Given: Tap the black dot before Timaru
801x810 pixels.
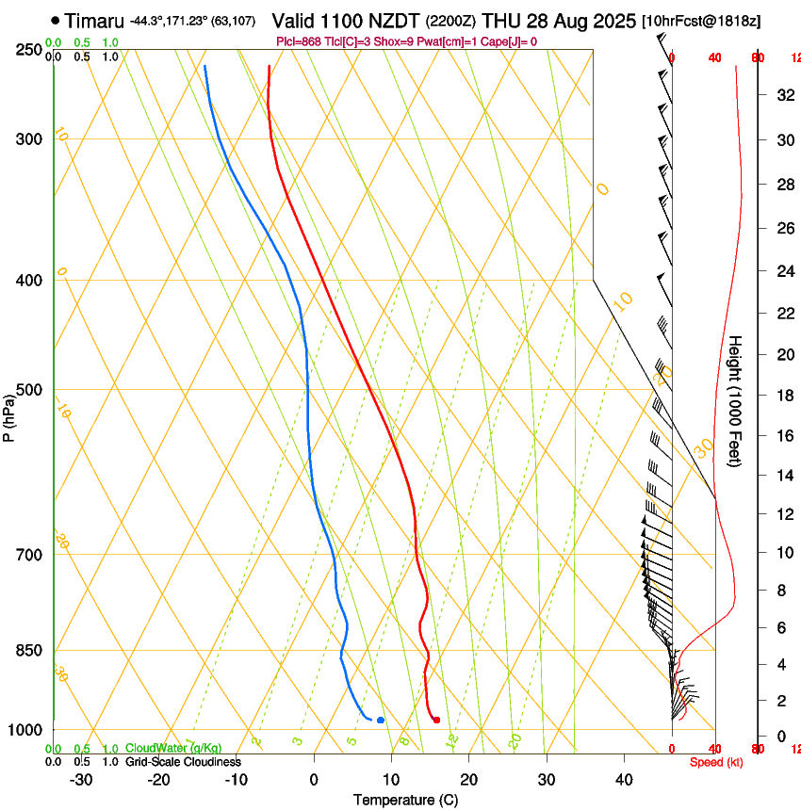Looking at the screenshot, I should click(x=56, y=20).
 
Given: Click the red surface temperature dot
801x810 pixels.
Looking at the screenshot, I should click(x=436, y=720).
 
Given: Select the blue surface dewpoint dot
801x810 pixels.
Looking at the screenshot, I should click(x=380, y=720).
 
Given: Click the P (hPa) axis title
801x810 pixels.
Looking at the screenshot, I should click(x=9, y=415).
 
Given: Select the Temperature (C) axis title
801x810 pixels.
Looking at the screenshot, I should click(x=405, y=800).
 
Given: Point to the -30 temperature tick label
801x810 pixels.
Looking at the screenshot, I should click(x=81, y=779).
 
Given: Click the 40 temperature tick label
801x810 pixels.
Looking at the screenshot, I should click(x=624, y=779).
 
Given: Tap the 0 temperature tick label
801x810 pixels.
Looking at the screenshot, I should click(x=315, y=779).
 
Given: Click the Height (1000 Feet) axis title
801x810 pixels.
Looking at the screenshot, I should click(x=736, y=401).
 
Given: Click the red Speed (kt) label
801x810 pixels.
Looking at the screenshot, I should click(x=716, y=762).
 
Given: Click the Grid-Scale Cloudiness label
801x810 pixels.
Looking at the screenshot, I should click(x=183, y=761).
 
